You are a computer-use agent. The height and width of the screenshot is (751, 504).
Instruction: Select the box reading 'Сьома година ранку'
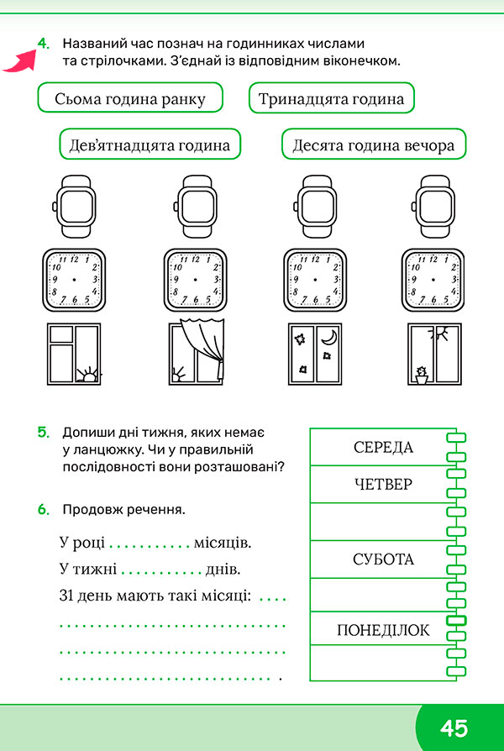click(x=130, y=97)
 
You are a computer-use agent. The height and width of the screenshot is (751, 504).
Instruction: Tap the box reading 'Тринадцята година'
click(x=332, y=97)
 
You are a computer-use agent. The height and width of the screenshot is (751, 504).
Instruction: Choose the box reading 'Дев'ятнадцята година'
click(x=150, y=144)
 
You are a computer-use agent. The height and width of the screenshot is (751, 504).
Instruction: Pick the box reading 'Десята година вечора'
click(x=374, y=144)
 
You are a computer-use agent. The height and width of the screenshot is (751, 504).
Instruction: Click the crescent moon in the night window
click(x=329, y=337)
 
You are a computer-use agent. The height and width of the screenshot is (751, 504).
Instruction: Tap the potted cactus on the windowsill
click(x=422, y=375)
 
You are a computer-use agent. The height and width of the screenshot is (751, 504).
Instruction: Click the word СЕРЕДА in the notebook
click(x=383, y=448)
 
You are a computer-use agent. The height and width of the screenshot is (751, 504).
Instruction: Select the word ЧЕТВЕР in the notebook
click(x=383, y=484)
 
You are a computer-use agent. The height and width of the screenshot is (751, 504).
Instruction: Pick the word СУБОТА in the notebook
click(x=383, y=559)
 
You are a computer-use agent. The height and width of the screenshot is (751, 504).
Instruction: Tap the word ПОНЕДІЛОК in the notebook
click(x=383, y=630)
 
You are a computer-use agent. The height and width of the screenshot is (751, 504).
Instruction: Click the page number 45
click(x=454, y=728)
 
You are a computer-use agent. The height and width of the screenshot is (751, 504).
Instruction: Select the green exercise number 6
click(x=44, y=510)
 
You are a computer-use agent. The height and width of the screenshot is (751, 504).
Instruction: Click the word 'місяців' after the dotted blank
click(x=223, y=544)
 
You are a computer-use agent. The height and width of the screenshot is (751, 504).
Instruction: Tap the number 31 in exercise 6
click(x=66, y=596)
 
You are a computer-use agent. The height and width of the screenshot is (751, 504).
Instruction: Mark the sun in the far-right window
click(x=440, y=333)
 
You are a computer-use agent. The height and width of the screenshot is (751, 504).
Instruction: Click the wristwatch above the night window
click(x=314, y=206)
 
